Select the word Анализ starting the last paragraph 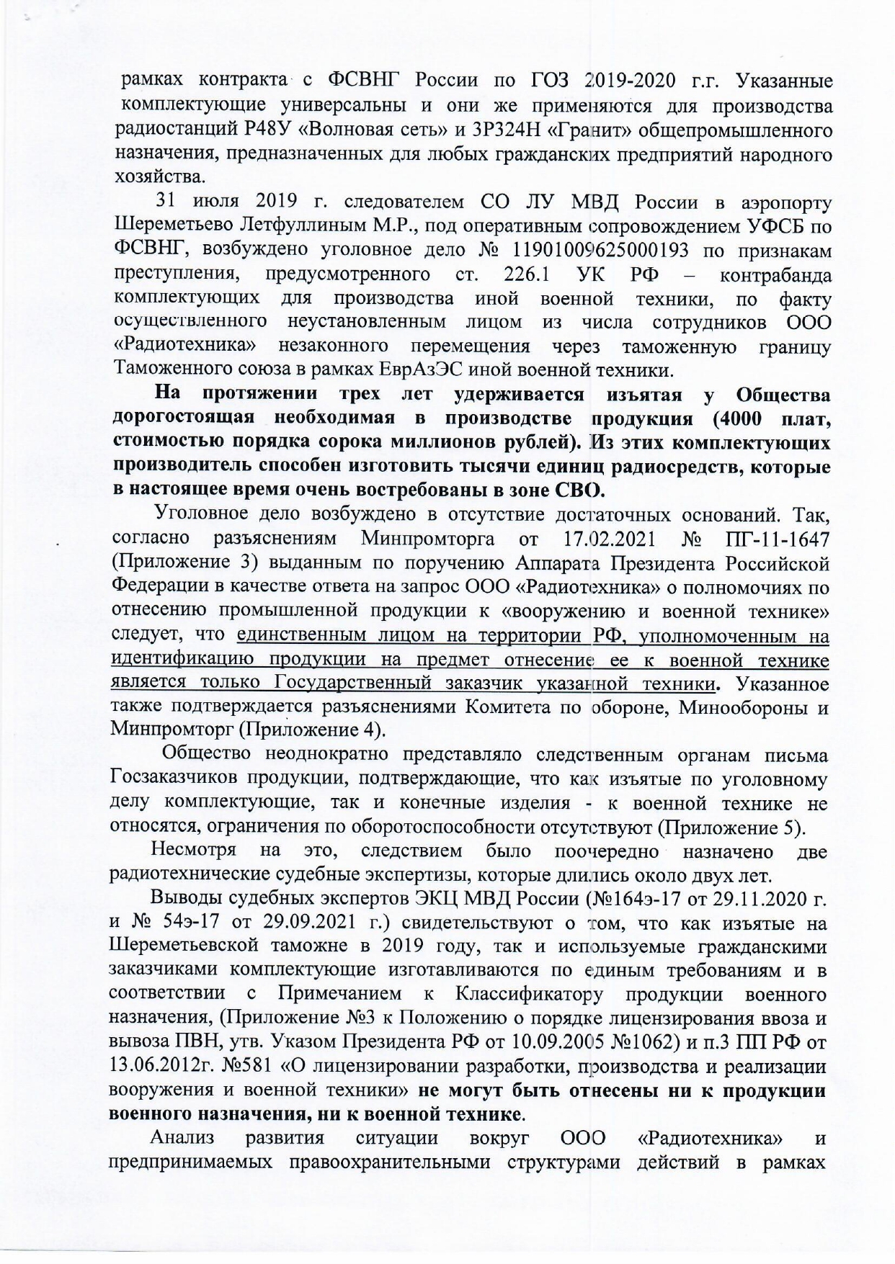click(x=182, y=1139)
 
